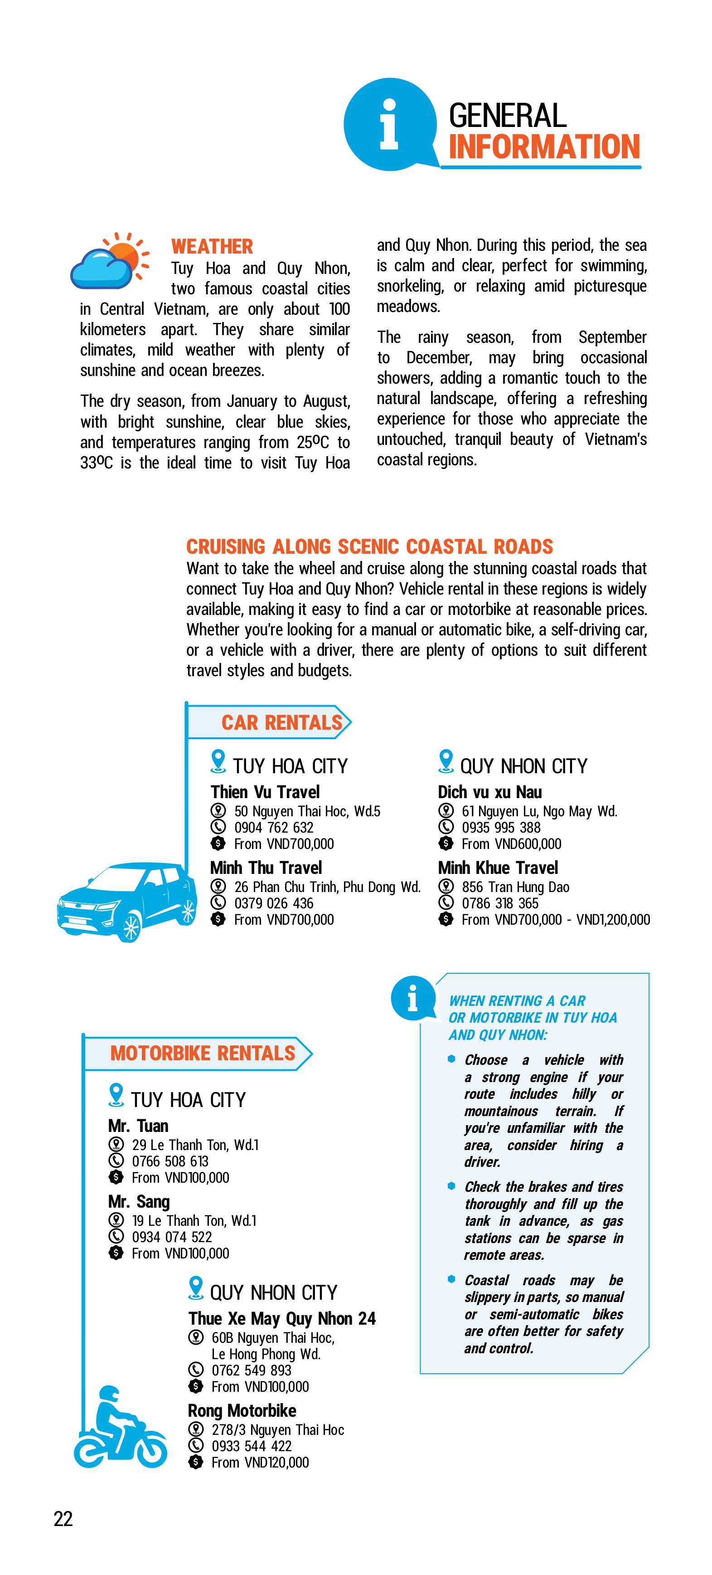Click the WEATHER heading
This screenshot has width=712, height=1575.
[212, 246]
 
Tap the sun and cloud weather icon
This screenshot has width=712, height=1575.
[110, 261]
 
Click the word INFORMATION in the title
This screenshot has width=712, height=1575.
[544, 147]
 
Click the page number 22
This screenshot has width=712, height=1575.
[63, 1519]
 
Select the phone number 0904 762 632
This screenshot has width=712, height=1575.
[274, 827]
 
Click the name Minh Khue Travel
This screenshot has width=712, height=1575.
[498, 868]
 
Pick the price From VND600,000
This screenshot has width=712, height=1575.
[511, 844]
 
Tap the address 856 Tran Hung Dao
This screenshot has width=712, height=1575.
[515, 887]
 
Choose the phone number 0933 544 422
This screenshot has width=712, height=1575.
[251, 1446]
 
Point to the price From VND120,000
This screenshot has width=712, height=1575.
[260, 1463]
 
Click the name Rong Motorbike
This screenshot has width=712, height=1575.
[242, 1410]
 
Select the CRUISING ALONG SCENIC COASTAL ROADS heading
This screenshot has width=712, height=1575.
[369, 546]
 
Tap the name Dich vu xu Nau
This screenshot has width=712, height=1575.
[489, 792]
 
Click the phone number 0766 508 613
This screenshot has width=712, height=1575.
[170, 1161]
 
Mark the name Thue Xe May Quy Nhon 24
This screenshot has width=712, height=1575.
[282, 1318]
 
